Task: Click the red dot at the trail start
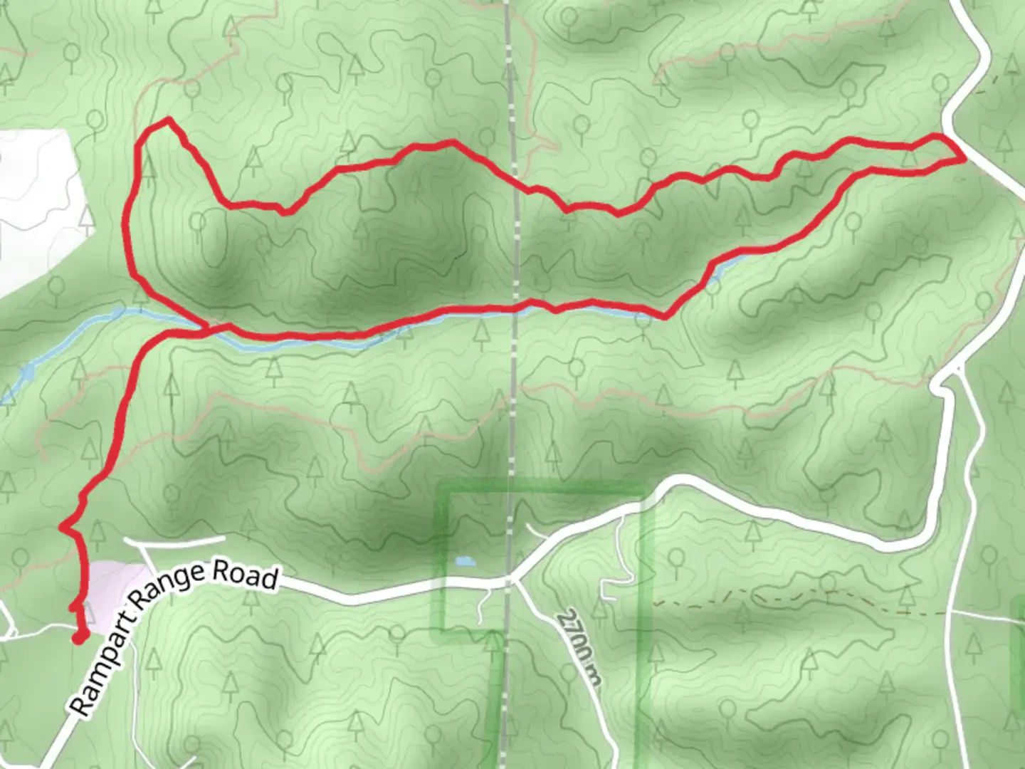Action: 79,637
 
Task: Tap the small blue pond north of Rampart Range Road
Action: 463,561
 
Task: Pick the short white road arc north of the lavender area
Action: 174,539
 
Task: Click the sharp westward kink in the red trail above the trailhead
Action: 63,528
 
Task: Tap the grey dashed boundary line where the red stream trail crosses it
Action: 514,308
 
